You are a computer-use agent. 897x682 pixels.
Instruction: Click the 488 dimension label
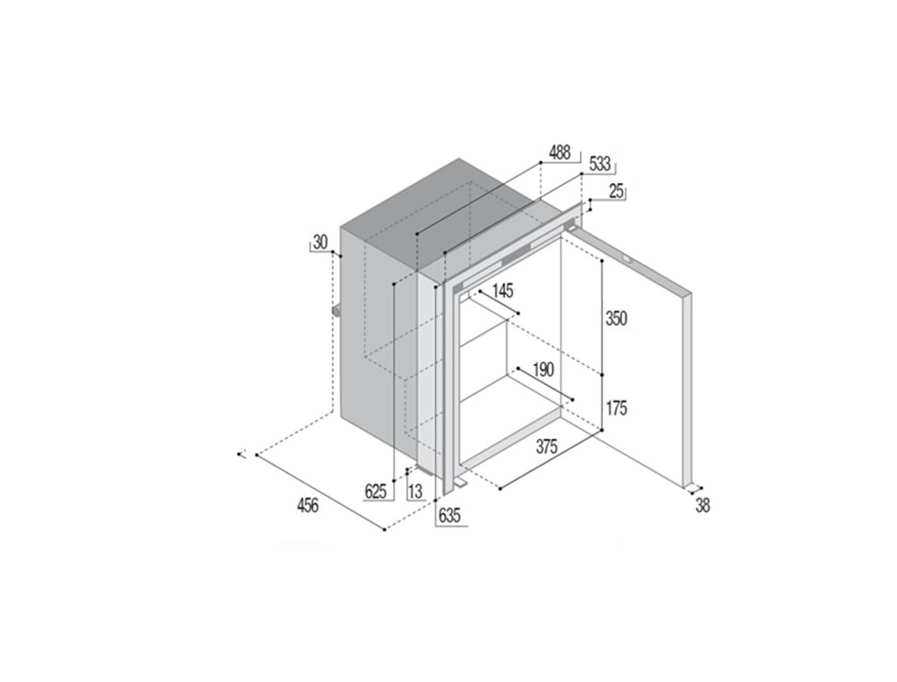pyautogui.click(x=560, y=153)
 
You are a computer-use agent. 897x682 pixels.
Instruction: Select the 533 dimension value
pyautogui.click(x=599, y=164)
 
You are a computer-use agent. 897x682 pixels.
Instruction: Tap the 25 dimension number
pyautogui.click(x=616, y=192)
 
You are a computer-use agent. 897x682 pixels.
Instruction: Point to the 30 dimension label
pyautogui.click(x=320, y=242)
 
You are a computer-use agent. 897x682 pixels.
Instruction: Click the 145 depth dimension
pyautogui.click(x=502, y=291)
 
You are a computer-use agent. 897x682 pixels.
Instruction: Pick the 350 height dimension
pyautogui.click(x=616, y=318)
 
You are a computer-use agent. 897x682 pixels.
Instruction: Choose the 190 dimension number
pyautogui.click(x=543, y=370)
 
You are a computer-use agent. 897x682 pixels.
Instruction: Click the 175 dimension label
pyautogui.click(x=616, y=408)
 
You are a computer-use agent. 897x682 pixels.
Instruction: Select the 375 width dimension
pyautogui.click(x=546, y=446)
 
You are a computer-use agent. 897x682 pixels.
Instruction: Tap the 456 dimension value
pyautogui.click(x=307, y=506)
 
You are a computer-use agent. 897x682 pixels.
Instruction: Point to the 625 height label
pyautogui.click(x=375, y=492)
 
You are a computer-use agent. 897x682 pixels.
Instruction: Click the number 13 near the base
pyautogui.click(x=415, y=492)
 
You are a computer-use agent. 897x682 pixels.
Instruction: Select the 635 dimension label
pyautogui.click(x=449, y=515)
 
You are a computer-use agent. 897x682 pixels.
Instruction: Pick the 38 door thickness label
pyautogui.click(x=702, y=506)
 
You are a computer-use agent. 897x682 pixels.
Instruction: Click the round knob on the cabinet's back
pyautogui.click(x=335, y=311)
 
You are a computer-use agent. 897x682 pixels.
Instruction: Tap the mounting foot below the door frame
pyautogui.click(x=461, y=484)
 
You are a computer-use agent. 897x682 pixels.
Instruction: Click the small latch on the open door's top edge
pyautogui.click(x=628, y=259)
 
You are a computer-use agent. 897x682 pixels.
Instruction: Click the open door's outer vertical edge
pyautogui.click(x=688, y=390)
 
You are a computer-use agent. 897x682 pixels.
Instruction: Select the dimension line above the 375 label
pyautogui.click(x=552, y=459)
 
